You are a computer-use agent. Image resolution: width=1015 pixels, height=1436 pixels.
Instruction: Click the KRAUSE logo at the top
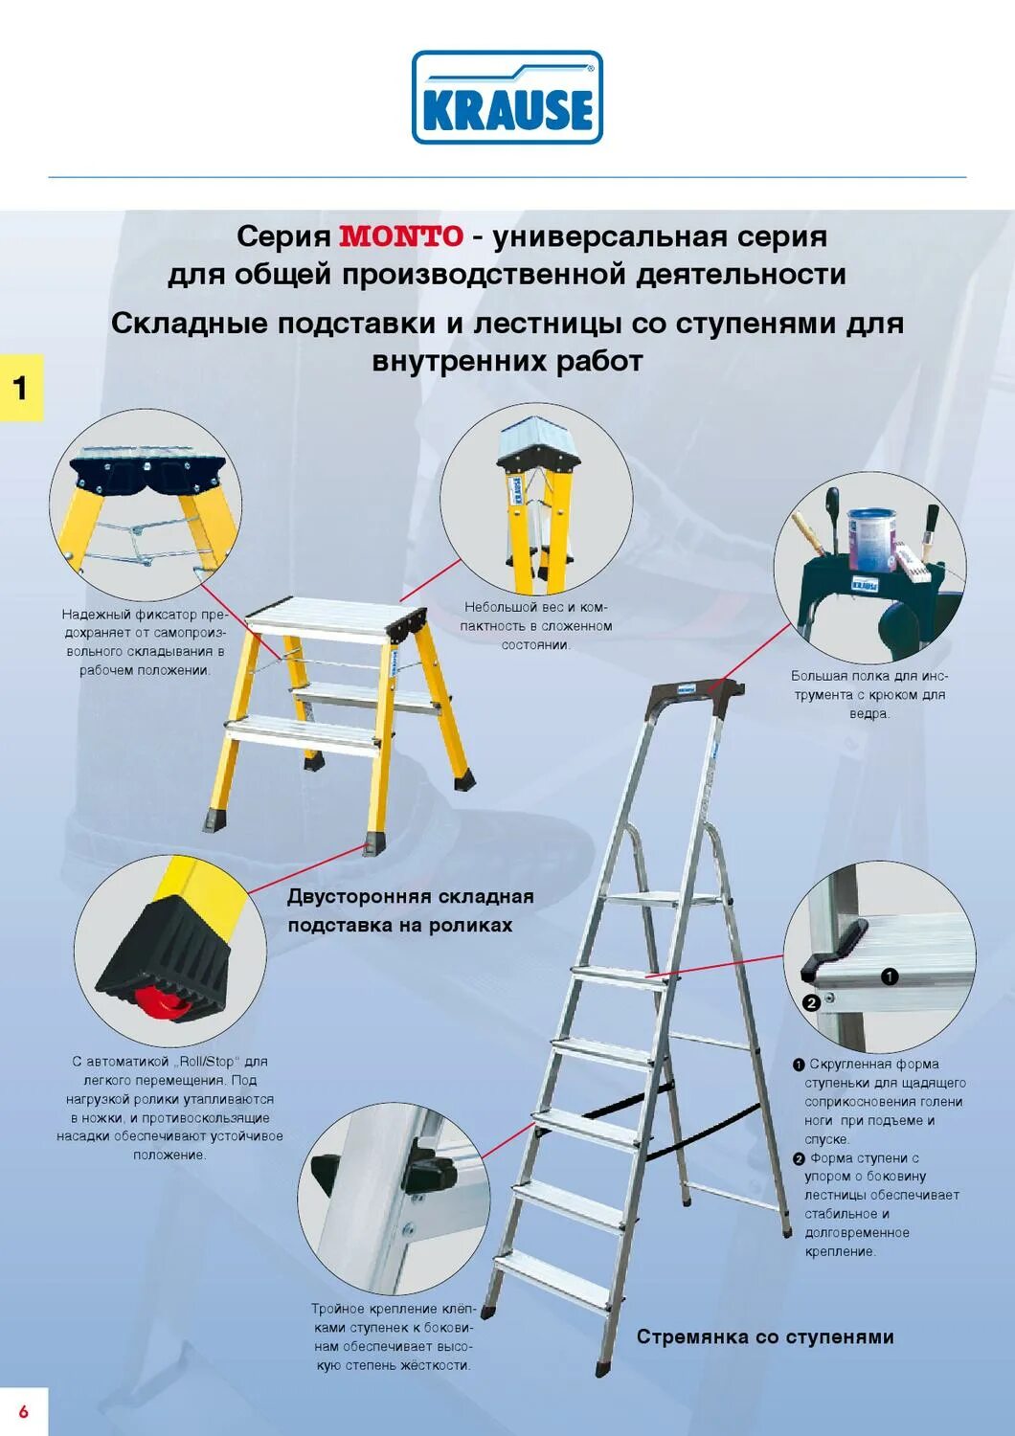point(507,99)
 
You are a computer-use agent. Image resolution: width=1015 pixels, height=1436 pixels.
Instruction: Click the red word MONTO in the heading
point(401,236)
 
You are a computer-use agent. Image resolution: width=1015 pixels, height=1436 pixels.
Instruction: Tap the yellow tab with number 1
point(21,388)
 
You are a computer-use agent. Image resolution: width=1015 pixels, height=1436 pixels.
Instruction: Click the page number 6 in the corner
point(23,1412)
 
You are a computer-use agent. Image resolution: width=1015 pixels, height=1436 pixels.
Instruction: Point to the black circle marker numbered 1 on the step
point(890,976)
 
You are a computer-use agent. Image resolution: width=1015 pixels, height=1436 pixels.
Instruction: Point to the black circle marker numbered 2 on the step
point(811,1003)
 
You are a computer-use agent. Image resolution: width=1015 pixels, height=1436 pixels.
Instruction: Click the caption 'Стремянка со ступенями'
point(765,1336)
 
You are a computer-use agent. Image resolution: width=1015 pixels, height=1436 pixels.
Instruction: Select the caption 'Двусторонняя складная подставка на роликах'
point(410,910)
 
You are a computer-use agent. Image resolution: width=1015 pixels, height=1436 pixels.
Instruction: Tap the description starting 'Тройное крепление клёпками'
point(393,1336)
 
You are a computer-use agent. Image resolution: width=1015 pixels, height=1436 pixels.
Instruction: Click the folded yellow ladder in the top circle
point(535,507)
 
